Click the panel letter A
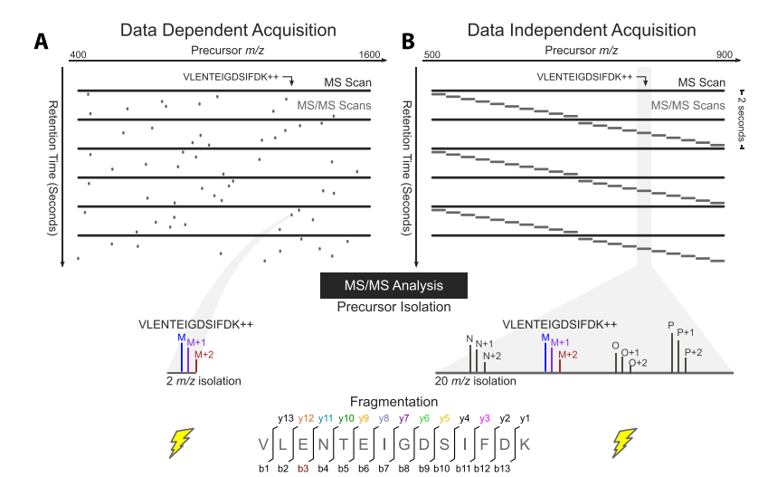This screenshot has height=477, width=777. coord(41,41)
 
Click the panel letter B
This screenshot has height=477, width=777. coord(408,41)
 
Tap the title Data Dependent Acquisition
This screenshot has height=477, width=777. coord(228,31)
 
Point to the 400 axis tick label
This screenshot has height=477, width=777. coord(78,55)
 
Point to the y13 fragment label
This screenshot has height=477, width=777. coord(286,418)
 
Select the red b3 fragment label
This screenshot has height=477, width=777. coord(303,468)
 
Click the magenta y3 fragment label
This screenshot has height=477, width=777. coord(485,418)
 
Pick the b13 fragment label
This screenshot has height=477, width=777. coord(504,468)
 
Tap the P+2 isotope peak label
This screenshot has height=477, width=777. coord(695,351)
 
